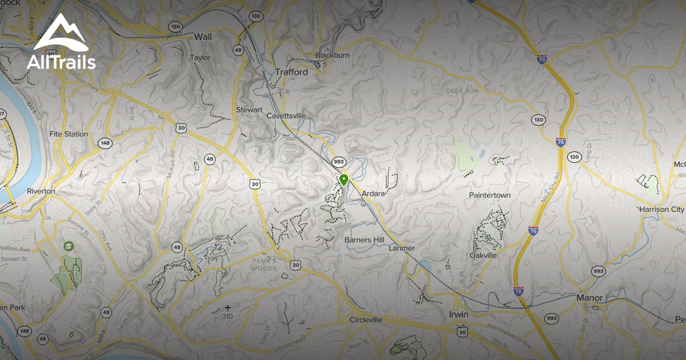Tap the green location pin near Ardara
pyautogui.click(x=344, y=181)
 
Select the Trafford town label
pyautogui.click(x=291, y=72)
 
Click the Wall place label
pyautogui.click(x=203, y=37)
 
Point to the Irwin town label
pyautogui.click(x=458, y=315)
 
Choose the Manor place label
pyautogui.click(x=590, y=298)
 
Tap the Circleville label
pyautogui.click(x=365, y=319)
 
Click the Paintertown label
pyautogui.click(x=490, y=195)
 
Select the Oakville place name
pyautogui.click(x=483, y=255)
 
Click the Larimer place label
pyautogui.click(x=401, y=249)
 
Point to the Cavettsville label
pyautogui.click(x=286, y=116)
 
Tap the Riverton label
pyautogui.click(x=41, y=191)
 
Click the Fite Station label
pyautogui.click(x=69, y=134)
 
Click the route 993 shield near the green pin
pyautogui.click(x=339, y=162)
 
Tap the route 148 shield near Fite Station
pyautogui.click(x=105, y=143)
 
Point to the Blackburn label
pyautogui.click(x=332, y=55)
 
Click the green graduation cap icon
pyautogui.click(x=69, y=246)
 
